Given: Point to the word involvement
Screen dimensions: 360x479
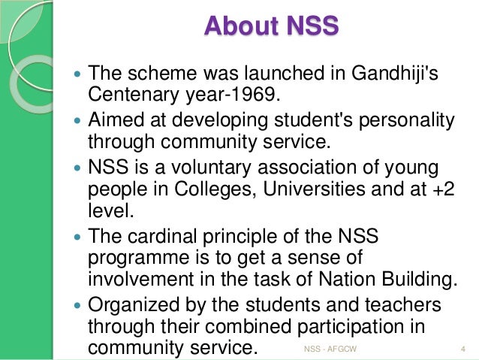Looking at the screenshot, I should point(137,280).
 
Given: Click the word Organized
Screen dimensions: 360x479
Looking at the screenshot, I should point(136,306).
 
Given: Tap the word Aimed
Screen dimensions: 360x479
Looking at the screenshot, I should point(116,119).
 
